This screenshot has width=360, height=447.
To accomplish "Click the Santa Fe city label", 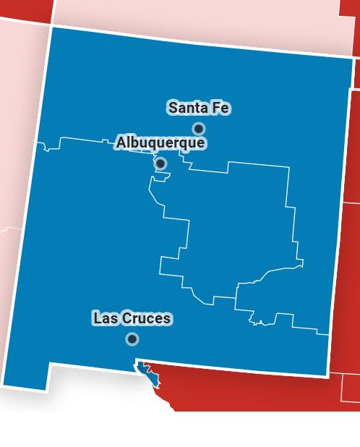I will click(199, 108).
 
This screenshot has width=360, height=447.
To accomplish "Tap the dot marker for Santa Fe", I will click(198, 129).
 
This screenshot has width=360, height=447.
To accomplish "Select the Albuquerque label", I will click(160, 143).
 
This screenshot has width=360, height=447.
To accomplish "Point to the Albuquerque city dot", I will click(160, 163).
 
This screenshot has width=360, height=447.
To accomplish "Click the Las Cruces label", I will click(132, 318).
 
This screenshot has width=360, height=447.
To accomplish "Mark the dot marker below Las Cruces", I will click(132, 339).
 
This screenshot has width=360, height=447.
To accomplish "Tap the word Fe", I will click(220, 108).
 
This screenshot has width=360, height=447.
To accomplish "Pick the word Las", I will click(104, 318).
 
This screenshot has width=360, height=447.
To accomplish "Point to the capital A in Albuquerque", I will click(121, 143).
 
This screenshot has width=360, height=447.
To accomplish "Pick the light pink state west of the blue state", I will click(18, 145).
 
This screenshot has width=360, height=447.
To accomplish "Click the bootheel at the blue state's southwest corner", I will click(29, 372).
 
